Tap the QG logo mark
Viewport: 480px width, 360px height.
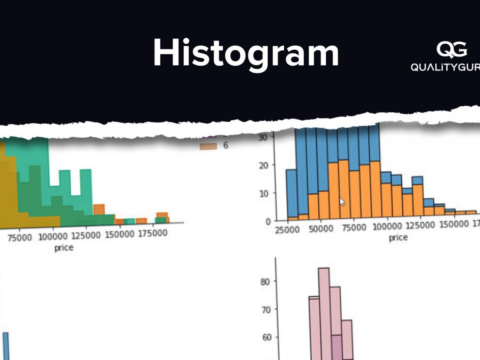(452, 50)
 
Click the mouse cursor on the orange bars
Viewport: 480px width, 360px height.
(342, 202)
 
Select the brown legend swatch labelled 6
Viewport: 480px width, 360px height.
(208, 146)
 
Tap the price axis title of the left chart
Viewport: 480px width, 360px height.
(64, 248)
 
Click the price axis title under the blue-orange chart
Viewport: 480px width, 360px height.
(398, 238)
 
